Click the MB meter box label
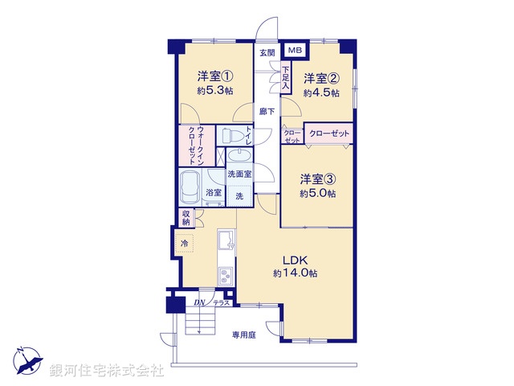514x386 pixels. pyautogui.click(x=295, y=50)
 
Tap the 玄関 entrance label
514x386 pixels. pyautogui.click(x=267, y=52)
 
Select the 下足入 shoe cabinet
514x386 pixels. pyautogui.click(x=286, y=78)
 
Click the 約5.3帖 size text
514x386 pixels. pyautogui.click(x=215, y=90)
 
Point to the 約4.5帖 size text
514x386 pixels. pyautogui.click(x=321, y=93)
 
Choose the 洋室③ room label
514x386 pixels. pyautogui.click(x=318, y=179)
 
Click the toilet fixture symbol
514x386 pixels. pyautogui.click(x=231, y=135)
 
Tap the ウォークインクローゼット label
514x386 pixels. pyautogui.click(x=196, y=146)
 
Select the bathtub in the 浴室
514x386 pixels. pyautogui.click(x=190, y=187)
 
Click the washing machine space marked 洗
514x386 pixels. pyautogui.click(x=239, y=196)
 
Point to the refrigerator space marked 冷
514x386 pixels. pyautogui.click(x=185, y=243)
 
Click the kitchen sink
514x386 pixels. pyautogui.click(x=226, y=240)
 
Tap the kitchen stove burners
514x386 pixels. pyautogui.click(x=226, y=276)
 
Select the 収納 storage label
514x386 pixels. pyautogui.click(x=186, y=218)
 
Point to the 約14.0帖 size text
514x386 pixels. pyautogui.click(x=295, y=273)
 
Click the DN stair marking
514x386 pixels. pyautogui.click(x=199, y=302)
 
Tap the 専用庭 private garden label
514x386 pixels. pyautogui.click(x=244, y=335)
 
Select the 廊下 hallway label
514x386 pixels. pyautogui.click(x=267, y=112)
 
